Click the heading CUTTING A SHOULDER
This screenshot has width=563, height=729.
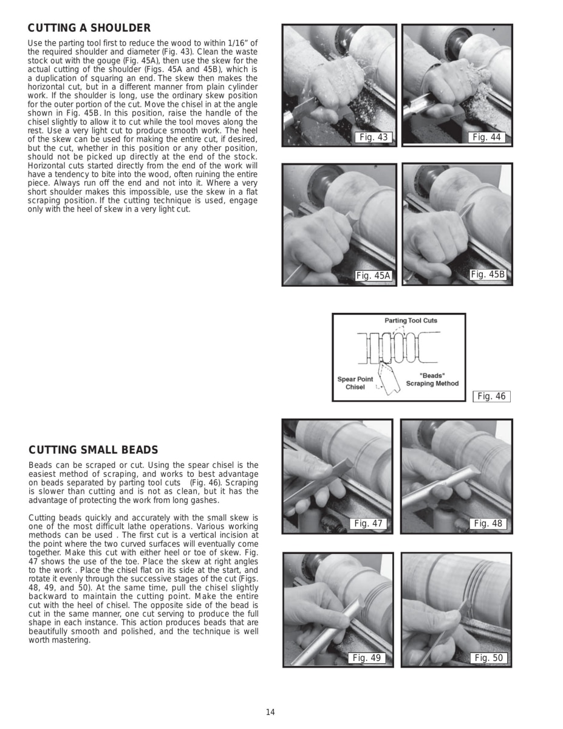click(89, 29)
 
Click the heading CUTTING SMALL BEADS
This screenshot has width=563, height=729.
click(93, 450)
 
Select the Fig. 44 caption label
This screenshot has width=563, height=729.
click(487, 137)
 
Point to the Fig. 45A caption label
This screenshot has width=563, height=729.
click(373, 276)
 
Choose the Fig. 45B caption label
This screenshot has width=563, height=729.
click(488, 275)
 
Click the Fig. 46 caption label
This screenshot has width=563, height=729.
click(491, 397)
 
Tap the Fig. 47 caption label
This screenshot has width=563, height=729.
click(370, 524)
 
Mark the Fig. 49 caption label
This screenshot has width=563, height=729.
click(367, 658)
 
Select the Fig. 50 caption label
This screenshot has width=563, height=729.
click(490, 658)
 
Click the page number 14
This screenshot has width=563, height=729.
click(270, 713)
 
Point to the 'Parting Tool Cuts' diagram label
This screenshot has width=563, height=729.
click(411, 320)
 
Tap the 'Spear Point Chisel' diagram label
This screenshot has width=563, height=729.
click(355, 383)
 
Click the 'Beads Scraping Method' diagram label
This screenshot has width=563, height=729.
click(432, 380)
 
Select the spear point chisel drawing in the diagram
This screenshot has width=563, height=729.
click(386, 376)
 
